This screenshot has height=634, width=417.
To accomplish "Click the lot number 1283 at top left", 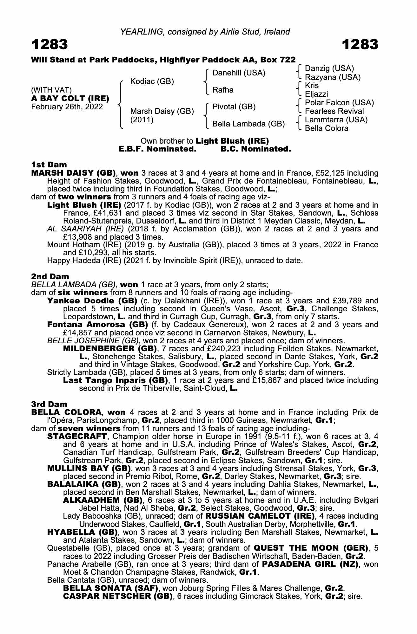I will coord(50,45).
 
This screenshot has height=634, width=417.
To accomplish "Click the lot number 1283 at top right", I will coord(360,45).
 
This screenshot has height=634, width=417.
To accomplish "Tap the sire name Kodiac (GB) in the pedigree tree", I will coord(152,81).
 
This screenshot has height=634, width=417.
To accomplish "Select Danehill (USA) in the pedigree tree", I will coord(239,73).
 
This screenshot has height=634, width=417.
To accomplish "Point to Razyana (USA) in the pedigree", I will coord(333,77).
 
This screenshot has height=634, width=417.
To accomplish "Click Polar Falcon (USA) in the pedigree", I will coord(339,103).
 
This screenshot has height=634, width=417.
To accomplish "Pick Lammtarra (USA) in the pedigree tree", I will coord(336,120).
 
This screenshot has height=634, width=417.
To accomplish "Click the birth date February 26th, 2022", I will coord(67,107).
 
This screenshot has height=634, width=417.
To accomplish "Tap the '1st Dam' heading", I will coord(49,165).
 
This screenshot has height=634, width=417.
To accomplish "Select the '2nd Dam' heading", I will coord(50,276).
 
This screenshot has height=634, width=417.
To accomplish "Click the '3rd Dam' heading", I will coord(50,404).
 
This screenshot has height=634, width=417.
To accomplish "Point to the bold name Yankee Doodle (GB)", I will coord(92,301).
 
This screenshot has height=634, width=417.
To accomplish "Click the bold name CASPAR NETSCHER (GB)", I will coord(118,596).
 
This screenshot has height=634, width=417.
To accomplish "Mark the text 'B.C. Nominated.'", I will coord(255,149).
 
